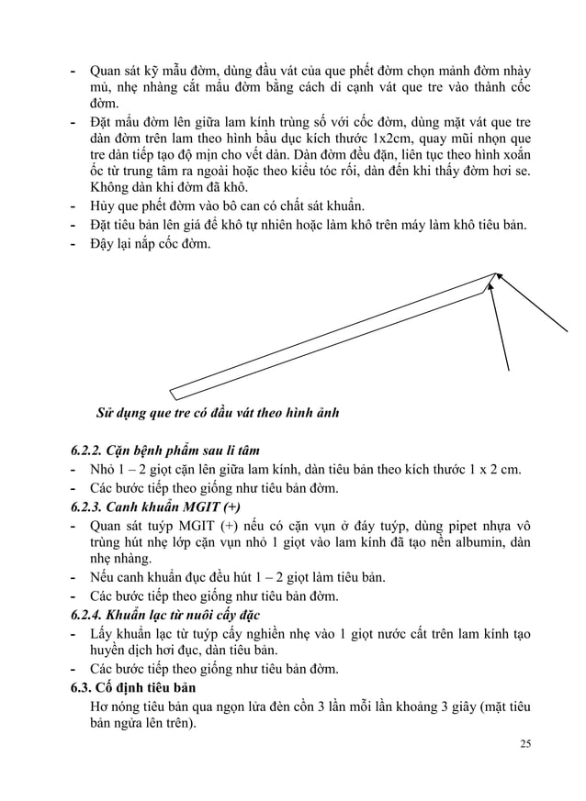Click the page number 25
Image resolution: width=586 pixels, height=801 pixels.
524,742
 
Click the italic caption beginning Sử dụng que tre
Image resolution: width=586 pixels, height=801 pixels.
218,413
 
